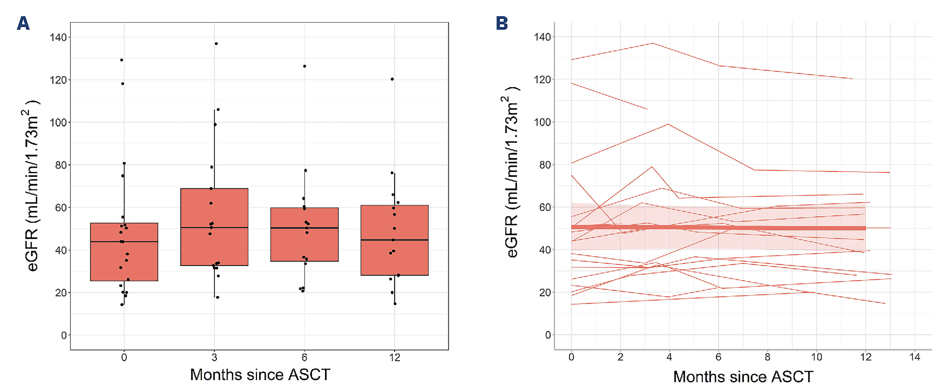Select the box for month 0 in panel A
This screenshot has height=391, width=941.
(x=106, y=263)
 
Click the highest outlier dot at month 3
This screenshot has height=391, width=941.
(x=216, y=44)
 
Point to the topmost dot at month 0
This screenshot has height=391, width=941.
(x=122, y=60)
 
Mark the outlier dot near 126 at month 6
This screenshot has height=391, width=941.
(x=305, y=66)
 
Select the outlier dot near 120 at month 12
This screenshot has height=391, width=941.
(x=392, y=79)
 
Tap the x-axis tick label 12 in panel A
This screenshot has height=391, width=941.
(x=395, y=357)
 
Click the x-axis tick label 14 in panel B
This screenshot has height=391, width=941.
(x=915, y=357)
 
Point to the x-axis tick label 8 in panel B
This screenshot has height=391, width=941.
(x=768, y=357)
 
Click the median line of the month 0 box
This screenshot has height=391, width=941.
(x=106, y=242)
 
